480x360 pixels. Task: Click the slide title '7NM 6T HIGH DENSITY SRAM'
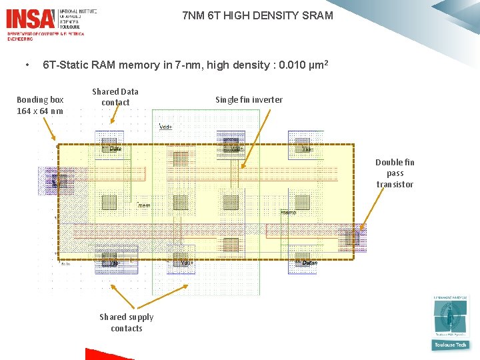click(x=257, y=15)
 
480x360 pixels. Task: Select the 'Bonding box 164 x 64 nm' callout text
click(x=40, y=105)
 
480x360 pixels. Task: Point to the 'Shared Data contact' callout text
click(x=115, y=97)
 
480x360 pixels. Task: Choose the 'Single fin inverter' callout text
click(x=249, y=100)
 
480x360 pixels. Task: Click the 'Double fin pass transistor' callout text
click(x=395, y=173)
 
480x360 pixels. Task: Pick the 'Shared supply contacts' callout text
click(x=127, y=323)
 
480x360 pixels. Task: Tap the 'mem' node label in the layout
click(x=144, y=206)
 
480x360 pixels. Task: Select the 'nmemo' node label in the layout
click(x=288, y=213)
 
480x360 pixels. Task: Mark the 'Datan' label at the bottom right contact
click(x=309, y=263)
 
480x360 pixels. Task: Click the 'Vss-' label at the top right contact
click(x=307, y=149)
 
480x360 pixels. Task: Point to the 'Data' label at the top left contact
click(x=115, y=149)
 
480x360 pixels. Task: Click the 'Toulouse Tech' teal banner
click(x=450, y=345)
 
